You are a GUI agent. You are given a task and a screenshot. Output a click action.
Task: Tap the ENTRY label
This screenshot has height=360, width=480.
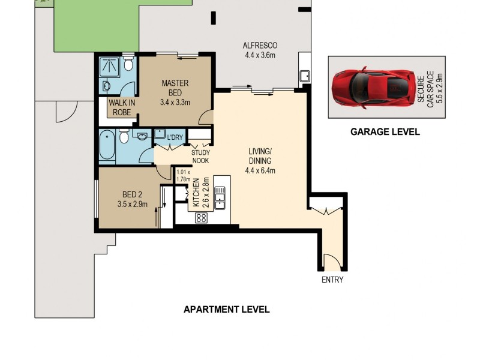tap(332, 280)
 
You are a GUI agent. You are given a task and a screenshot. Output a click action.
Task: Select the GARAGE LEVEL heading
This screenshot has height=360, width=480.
tap(385, 132)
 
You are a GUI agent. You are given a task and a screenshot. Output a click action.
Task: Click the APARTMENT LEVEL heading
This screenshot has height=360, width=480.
tap(226, 310)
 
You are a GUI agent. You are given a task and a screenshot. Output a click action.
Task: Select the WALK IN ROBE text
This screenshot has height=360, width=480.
tap(122, 107)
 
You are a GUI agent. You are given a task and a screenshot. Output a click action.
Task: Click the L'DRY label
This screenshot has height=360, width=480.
tap(175, 138)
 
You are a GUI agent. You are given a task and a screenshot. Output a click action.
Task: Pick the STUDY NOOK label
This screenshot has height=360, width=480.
tap(200, 156)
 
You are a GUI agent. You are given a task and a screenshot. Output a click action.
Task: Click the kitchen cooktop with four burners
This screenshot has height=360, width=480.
tap(201, 218)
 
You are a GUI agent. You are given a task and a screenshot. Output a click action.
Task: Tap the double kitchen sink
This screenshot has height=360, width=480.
tap(220, 198)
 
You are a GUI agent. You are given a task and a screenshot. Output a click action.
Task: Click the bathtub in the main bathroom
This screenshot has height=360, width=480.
tap(107, 145)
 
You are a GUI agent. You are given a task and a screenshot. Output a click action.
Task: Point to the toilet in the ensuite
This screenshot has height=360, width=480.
tap(128, 64)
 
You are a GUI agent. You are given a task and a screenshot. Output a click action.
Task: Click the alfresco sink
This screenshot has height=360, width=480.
tap(305, 77)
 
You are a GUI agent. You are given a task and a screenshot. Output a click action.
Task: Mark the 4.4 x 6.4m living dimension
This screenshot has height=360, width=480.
tap(259, 170)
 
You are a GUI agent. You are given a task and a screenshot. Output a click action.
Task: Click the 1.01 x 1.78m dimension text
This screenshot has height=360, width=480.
tap(183, 175)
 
